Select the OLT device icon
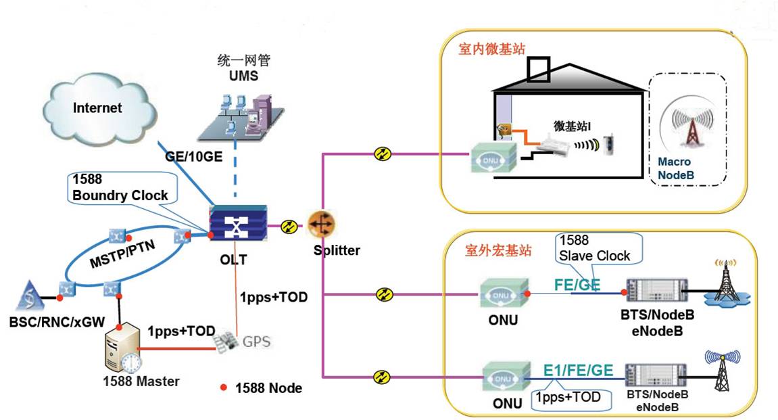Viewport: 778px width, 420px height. (x=237, y=224)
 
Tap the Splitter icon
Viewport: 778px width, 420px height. (x=322, y=225)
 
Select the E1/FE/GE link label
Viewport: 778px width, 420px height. (x=578, y=370)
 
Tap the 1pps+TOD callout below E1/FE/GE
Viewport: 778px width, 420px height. (x=568, y=397)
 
